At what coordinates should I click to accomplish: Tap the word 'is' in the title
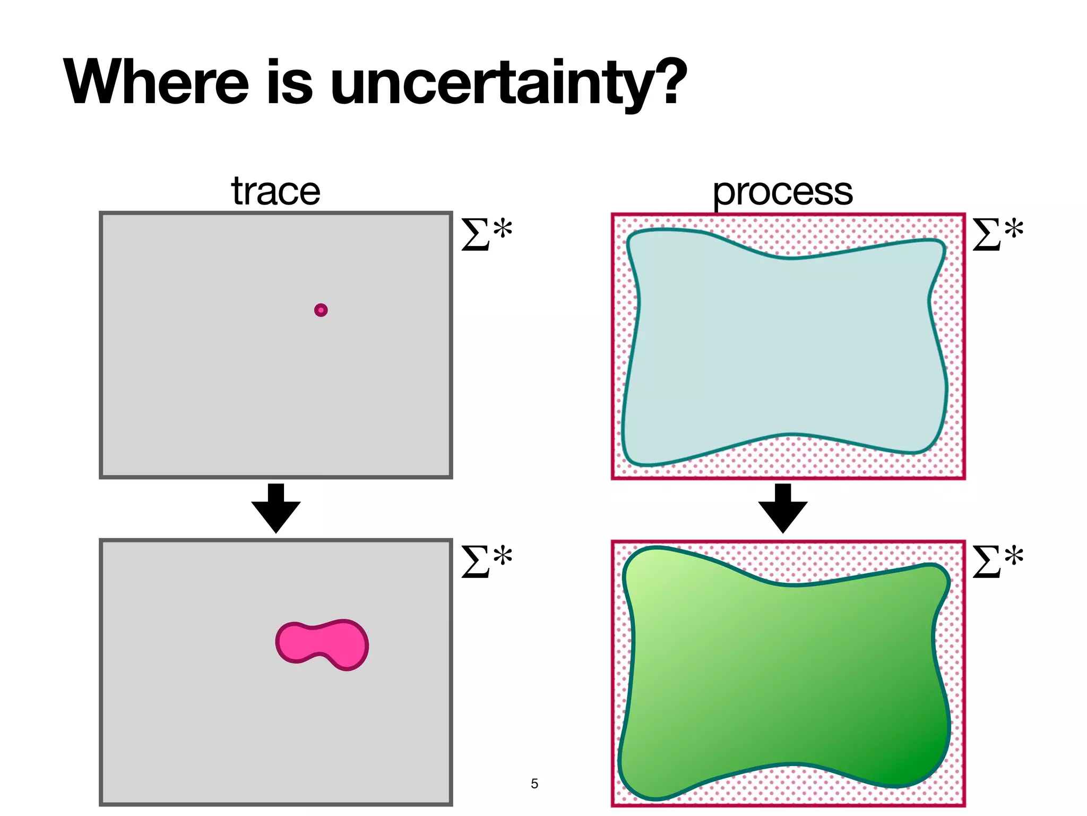pyautogui.click(x=289, y=82)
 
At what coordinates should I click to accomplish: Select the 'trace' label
pyautogui.click(x=275, y=191)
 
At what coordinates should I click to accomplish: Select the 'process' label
pyautogui.click(x=782, y=191)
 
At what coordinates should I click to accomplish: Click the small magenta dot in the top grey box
pyautogui.click(x=321, y=310)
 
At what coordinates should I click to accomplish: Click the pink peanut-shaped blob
pyautogui.click(x=322, y=644)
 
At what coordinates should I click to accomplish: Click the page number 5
pyautogui.click(x=534, y=784)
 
